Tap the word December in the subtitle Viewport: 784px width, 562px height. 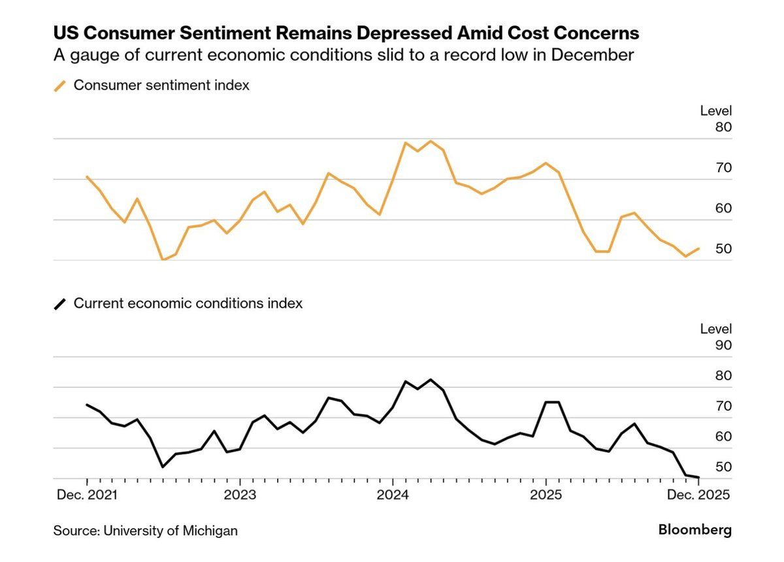pos(593,55)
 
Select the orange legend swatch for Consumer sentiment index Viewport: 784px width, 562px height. pos(60,86)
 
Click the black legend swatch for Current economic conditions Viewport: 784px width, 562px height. pos(60,304)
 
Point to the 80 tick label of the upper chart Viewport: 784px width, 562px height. pos(723,127)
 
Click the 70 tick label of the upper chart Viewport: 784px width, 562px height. pos(723,168)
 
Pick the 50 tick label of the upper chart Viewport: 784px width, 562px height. pos(723,248)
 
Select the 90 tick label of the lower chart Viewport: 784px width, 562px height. pos(723,345)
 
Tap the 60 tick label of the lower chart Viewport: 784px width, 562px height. pos(723,437)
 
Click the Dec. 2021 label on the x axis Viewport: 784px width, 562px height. pos(87,495)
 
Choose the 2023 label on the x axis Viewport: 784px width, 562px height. pos(240,495)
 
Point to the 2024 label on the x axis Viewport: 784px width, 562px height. pos(393,495)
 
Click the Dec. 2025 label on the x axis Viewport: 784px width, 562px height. pos(698,495)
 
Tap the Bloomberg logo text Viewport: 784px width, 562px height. pos(695,529)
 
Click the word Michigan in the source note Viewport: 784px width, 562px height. pos(210,531)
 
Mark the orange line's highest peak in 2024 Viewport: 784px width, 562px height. pos(431,141)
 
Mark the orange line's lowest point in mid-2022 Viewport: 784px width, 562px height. pos(163,260)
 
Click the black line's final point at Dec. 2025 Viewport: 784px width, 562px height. pos(698,477)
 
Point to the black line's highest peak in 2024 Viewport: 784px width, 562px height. pos(431,380)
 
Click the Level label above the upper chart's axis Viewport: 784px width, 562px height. pos(716,111)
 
